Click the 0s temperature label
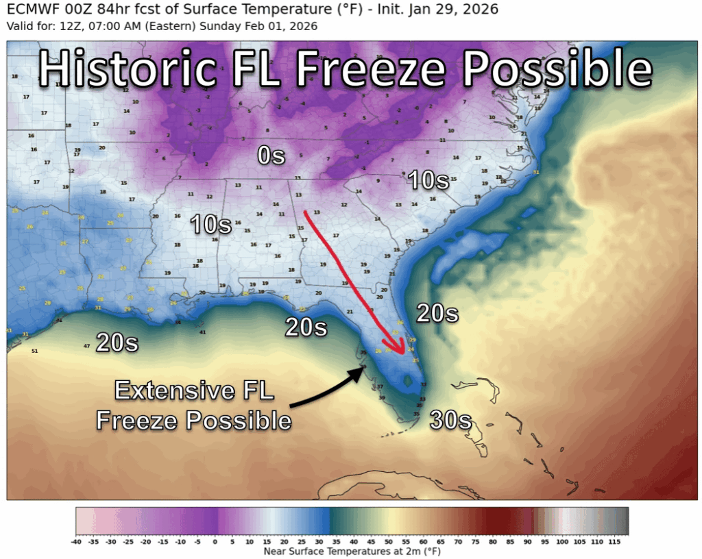pyautogui.click(x=271, y=156)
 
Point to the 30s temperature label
pyautogui.click(x=451, y=419)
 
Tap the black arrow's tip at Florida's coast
pyautogui.click(x=365, y=369)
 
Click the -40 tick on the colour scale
pyautogui.click(x=77, y=541)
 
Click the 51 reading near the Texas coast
pyautogui.click(x=34, y=351)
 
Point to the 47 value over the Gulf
pyautogui.click(x=86, y=346)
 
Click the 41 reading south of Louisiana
pyautogui.click(x=202, y=332)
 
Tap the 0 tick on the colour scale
pyautogui.click(x=215, y=541)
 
